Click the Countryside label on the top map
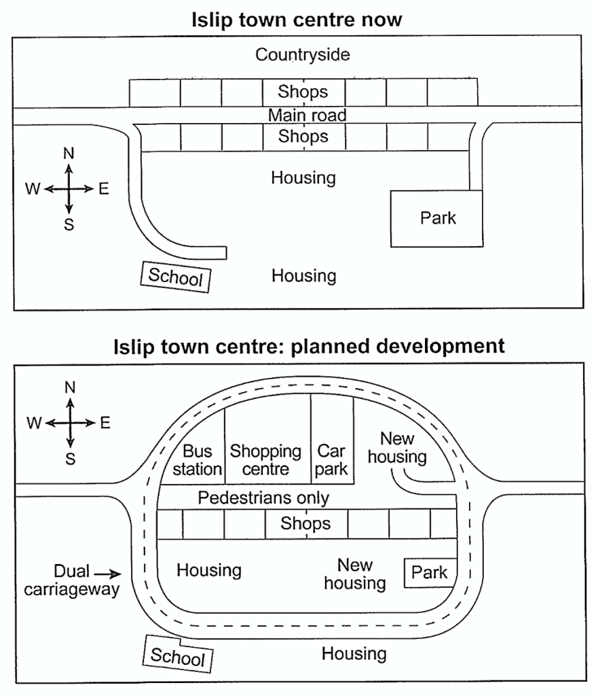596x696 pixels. click(x=303, y=54)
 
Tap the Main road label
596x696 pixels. click(x=307, y=115)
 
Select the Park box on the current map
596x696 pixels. click(x=436, y=218)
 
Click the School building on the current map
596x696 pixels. click(x=176, y=277)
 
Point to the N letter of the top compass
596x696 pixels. click(x=69, y=154)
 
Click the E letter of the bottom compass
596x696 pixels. click(x=105, y=423)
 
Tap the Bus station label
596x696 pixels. click(x=198, y=460)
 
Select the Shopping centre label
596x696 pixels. click(x=265, y=460)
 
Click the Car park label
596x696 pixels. click(x=331, y=460)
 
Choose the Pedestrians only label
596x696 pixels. click(x=263, y=498)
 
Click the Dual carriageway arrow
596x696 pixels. click(x=107, y=574)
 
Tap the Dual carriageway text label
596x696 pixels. click(x=71, y=580)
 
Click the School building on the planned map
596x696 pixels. click(x=178, y=655)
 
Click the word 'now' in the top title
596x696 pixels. click(x=381, y=20)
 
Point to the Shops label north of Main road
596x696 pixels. click(x=303, y=92)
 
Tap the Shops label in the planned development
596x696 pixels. click(x=305, y=523)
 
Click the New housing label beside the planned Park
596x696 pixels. click(x=355, y=574)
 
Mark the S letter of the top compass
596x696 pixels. click(x=69, y=224)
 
